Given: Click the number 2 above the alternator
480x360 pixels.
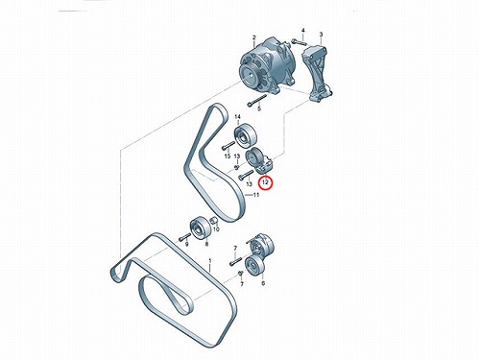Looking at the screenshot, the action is click(x=254, y=37).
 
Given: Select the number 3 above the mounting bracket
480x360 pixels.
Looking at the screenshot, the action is click(x=321, y=35).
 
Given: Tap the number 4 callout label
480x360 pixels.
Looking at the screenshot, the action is click(x=302, y=31).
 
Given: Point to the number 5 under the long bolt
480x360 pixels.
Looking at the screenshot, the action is click(x=259, y=108).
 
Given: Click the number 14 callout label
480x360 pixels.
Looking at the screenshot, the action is click(x=237, y=117).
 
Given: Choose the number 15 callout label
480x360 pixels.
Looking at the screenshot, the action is click(x=228, y=156).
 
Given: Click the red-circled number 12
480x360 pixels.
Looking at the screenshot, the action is click(x=265, y=182).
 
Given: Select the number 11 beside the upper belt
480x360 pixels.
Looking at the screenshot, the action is click(x=256, y=195).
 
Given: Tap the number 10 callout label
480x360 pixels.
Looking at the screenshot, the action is click(x=216, y=229).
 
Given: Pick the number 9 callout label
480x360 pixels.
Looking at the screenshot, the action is click(x=187, y=245).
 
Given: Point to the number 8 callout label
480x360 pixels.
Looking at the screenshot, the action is click(x=206, y=244).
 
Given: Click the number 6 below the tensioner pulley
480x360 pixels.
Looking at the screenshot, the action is click(x=263, y=283).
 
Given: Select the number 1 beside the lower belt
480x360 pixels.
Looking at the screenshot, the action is click(x=210, y=261).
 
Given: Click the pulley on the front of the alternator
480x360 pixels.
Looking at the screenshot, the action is click(x=250, y=73).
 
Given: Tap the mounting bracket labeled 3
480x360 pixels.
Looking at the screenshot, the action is click(x=317, y=74).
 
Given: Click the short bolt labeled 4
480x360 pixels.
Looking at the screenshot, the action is click(x=300, y=42).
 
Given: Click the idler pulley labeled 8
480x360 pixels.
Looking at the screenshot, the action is click(x=201, y=228).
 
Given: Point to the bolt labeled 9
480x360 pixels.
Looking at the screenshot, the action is click(x=184, y=237).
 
